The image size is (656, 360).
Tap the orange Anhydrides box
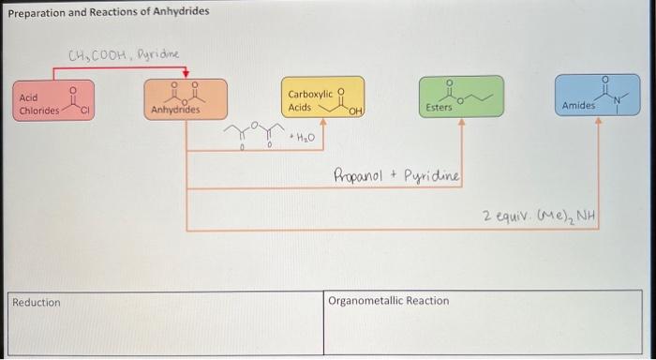(x=186, y=100)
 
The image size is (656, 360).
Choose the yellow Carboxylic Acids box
(x=322, y=98)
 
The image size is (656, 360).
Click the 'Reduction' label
(x=36, y=302)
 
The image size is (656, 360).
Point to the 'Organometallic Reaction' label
(x=389, y=301)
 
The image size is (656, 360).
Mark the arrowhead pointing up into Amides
(x=598, y=122)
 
